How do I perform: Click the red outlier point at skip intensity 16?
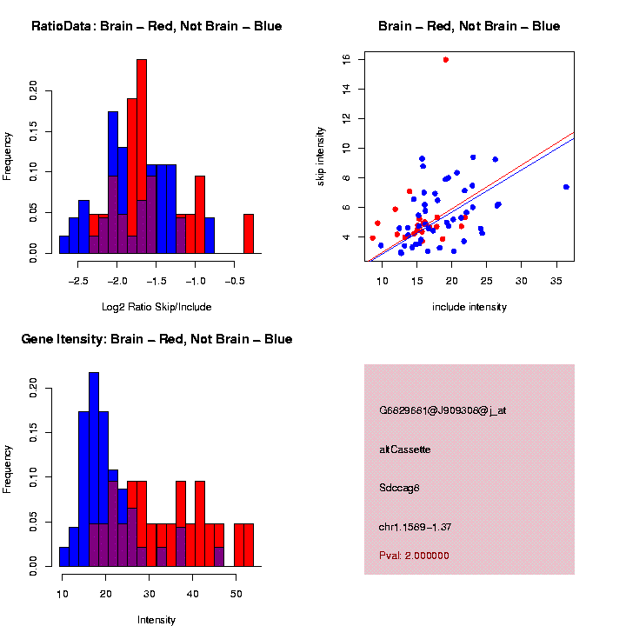(445, 59)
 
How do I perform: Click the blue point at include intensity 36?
(566, 187)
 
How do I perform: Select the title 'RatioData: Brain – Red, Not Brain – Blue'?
(156, 26)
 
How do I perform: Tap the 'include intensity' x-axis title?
(469, 306)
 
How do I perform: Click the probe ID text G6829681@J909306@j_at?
(443, 410)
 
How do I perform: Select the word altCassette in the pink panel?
(405, 450)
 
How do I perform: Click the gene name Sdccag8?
(400, 488)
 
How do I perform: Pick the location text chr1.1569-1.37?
(416, 527)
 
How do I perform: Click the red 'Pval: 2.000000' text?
(414, 555)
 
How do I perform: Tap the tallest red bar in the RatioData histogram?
(142, 156)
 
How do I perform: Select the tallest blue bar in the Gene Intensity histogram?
(94, 469)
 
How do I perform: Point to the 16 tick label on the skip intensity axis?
(347, 59)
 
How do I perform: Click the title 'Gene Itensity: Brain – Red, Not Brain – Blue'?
(156, 339)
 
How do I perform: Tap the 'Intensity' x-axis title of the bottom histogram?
(156, 620)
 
